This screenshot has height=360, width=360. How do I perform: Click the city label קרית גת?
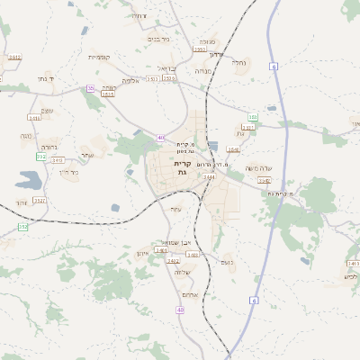pyautogui.click(x=182, y=168)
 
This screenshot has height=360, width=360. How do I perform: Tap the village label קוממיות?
pyautogui.click(x=100, y=57)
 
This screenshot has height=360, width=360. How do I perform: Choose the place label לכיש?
pyautogui.click(x=351, y=275)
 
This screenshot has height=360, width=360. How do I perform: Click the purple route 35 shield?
pyautogui.click(x=90, y=88)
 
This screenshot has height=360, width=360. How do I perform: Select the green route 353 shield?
pyautogui.click(x=253, y=117)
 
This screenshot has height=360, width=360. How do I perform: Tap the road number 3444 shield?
pyautogui.click(x=209, y=177)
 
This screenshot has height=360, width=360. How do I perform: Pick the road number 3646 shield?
pyautogui.click(x=234, y=149)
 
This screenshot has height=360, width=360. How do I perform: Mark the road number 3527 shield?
pyautogui.click(x=40, y=200)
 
